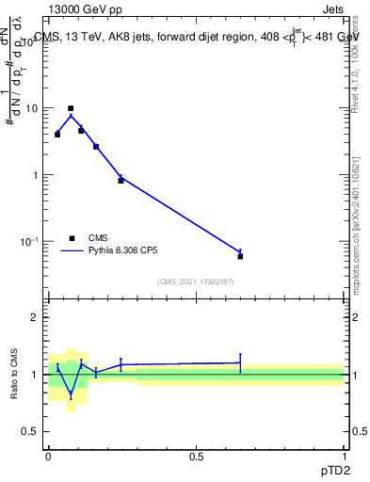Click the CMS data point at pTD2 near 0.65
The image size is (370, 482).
point(240,256)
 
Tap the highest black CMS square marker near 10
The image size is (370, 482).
point(71,108)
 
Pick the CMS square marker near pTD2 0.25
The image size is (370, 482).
point(121,180)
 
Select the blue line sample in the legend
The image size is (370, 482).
point(73,251)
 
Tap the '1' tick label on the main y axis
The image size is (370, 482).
point(35,175)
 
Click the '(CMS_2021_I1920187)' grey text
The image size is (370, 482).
point(196,281)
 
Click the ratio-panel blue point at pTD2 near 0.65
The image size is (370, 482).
point(240,362)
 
